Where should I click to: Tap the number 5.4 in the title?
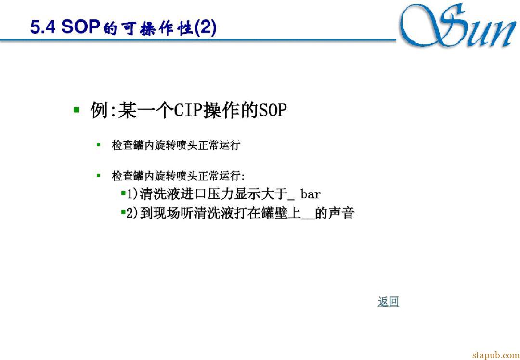[x=43, y=27]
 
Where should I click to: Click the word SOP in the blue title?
[x=80, y=27]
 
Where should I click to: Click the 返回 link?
[x=388, y=302]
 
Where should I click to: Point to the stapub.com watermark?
[x=496, y=355]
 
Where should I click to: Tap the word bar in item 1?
[x=311, y=193]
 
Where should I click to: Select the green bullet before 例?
[x=77, y=109]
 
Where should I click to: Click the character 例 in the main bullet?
[x=99, y=111]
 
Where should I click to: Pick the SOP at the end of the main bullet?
[x=272, y=111]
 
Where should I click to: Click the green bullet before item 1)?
[x=123, y=193]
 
